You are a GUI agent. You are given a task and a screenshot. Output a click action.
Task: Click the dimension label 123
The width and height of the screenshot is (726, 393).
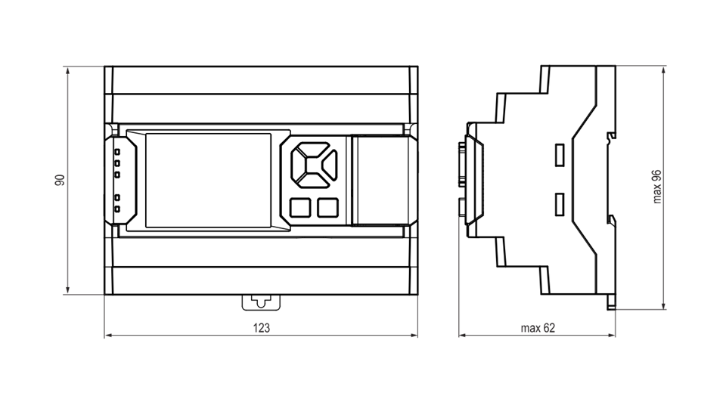(261, 328)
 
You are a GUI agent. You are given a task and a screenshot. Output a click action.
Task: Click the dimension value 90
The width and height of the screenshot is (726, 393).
(60, 180)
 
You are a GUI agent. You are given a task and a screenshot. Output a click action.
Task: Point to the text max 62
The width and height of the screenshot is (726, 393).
(538, 328)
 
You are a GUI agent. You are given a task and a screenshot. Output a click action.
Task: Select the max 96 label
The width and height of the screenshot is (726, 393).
(656, 187)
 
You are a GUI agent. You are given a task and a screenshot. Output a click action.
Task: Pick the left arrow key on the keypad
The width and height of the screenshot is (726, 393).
(298, 165)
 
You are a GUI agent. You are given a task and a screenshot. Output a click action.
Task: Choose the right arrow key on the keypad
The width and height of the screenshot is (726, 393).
(330, 165)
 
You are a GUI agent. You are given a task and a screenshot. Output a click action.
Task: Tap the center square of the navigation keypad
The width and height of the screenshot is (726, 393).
(314, 165)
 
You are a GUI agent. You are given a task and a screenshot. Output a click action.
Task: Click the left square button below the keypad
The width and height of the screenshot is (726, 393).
(300, 207)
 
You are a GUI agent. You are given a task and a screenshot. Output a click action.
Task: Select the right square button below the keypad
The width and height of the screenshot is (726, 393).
(327, 207)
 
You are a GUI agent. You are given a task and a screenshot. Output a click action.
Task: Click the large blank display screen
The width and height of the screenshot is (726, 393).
(209, 180)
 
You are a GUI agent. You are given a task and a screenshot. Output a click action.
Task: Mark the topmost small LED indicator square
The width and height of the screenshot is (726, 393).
(117, 151)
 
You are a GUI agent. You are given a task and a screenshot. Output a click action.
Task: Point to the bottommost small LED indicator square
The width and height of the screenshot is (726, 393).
(117, 209)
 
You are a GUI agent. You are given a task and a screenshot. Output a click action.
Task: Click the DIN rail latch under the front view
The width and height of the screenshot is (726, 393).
(261, 302)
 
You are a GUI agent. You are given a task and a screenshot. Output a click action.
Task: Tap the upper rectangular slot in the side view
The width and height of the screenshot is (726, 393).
(560, 155)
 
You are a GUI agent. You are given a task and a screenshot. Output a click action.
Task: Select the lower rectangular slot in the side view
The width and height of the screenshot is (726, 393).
(560, 204)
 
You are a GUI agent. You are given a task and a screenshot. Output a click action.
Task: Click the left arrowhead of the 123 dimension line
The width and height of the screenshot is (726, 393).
(107, 335)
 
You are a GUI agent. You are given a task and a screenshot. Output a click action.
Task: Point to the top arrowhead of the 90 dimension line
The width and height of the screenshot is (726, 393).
(68, 70)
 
